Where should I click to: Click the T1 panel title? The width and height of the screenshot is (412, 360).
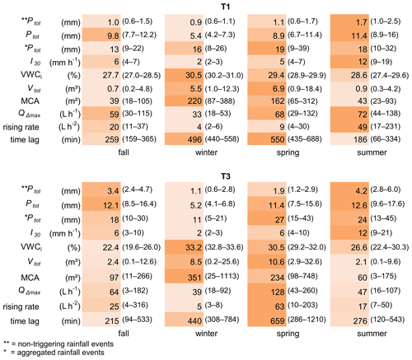tap(225, 7)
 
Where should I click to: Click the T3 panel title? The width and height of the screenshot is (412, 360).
tap(225, 176)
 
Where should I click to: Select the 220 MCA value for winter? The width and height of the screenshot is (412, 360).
tap(194, 101)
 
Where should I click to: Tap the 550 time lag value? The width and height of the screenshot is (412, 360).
tap(277, 139)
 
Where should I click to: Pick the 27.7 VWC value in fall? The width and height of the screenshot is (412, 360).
tap(110, 75)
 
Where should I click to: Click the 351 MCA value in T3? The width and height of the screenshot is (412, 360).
tap(194, 278)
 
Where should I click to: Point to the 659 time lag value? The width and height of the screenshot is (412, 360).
tap(277, 320)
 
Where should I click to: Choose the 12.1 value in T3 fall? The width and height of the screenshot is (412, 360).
tap(111, 205)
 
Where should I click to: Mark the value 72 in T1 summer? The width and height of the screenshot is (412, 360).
tap(363, 114)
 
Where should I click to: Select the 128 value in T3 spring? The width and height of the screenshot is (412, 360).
tap(277, 292)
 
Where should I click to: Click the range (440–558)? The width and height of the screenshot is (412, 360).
tap(222, 139)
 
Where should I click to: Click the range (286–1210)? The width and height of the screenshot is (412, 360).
tap(307, 320)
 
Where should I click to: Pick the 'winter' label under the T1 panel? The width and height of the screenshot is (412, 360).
tap(206, 152)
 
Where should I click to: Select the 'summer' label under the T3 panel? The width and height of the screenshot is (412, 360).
tap(372, 334)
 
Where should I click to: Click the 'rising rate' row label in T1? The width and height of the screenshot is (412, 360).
tap(21, 128)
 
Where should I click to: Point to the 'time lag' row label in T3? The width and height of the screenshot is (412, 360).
tap(25, 320)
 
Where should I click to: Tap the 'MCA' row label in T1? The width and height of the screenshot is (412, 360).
tap(30, 101)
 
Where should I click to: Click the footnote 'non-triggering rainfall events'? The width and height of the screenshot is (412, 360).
tap(66, 344)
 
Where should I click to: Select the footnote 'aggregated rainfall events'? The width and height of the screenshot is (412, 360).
tap(61, 353)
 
